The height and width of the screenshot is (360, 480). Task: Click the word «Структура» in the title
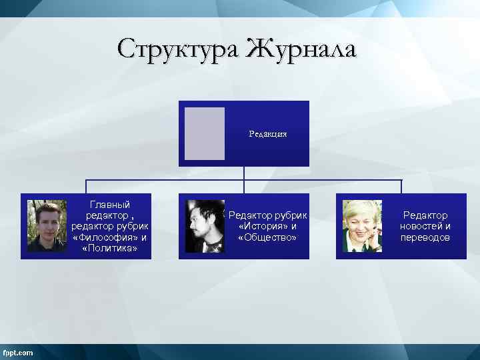tap(178, 49)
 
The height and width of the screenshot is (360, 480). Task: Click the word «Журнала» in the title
tap(302, 49)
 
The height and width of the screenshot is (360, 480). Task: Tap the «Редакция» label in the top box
tap(268, 134)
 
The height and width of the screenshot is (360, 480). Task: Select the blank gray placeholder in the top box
tap(204, 133)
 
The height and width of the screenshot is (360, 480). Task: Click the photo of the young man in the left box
tap(47, 226)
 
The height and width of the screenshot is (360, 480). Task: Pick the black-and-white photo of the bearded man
tap(205, 226)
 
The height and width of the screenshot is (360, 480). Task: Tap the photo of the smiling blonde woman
tap(362, 226)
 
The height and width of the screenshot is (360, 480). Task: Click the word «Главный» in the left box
tap(110, 205)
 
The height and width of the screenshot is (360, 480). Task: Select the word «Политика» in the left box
tap(110, 249)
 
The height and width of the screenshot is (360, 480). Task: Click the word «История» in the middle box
tap(263, 226)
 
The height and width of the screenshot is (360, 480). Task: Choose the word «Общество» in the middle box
tap(267, 237)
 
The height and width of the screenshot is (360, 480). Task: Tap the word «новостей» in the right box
tap(416, 226)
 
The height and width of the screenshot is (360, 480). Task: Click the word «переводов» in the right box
tap(425, 237)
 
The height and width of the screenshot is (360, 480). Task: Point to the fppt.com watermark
tap(18, 353)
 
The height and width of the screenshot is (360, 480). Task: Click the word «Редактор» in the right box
tap(425, 215)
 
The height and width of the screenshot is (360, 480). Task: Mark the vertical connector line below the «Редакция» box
tap(244, 173)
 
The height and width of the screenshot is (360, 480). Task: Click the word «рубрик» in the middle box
tap(292, 215)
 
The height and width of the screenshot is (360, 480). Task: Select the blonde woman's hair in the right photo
tap(361, 208)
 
